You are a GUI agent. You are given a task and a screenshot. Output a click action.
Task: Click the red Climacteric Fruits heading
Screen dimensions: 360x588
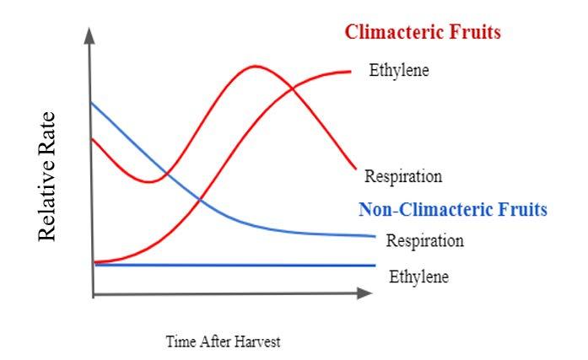(423, 33)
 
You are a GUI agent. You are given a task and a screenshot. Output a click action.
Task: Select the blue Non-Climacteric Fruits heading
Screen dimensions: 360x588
(453, 208)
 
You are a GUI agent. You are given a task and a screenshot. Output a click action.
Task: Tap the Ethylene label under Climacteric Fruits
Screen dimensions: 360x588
(399, 70)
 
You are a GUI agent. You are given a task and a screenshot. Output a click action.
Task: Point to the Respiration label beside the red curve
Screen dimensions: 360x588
(403, 176)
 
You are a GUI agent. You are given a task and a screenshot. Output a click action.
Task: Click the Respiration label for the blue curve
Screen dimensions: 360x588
(425, 240)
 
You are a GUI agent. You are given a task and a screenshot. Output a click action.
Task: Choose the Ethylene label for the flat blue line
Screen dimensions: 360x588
(418, 276)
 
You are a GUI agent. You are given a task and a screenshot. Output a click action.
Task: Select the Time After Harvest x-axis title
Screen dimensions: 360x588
(223, 341)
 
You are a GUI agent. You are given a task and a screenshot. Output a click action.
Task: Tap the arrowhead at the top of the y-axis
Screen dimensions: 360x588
(89, 35)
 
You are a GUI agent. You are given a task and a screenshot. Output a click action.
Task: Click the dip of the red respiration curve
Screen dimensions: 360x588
(149, 181)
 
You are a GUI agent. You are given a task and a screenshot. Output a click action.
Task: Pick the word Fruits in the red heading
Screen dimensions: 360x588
(477, 33)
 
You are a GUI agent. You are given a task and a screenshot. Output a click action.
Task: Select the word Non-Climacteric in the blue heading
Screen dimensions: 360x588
(426, 208)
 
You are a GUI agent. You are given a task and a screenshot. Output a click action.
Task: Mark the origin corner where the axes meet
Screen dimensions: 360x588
(93, 294)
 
